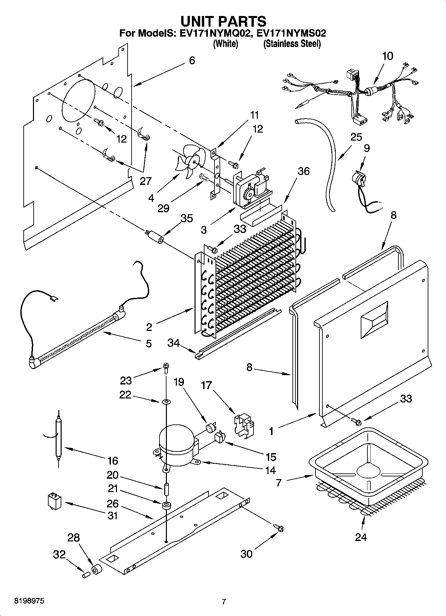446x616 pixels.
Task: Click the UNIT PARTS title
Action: (x=223, y=21)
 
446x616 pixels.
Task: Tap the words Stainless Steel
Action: (x=292, y=44)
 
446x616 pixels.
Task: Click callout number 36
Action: (x=303, y=171)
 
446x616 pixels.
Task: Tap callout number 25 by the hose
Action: (x=356, y=137)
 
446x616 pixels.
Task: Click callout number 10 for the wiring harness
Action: (x=387, y=56)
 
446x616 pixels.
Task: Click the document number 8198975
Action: (x=29, y=601)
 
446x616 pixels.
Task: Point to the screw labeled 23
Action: (x=166, y=367)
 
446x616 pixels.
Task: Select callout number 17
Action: (x=206, y=385)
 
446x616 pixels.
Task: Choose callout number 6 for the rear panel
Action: (x=192, y=61)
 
